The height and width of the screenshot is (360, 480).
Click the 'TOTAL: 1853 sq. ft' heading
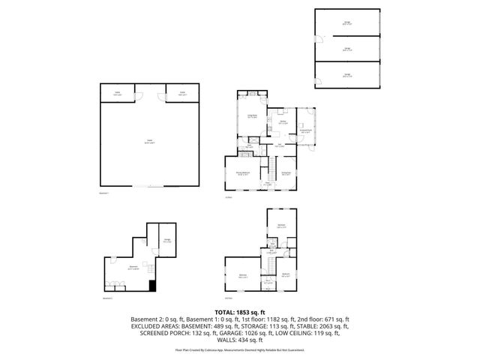(240, 311)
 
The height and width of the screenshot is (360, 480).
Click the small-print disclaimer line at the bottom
(240, 349)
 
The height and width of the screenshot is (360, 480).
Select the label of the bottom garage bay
(347, 74)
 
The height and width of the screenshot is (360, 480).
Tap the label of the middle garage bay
(347, 49)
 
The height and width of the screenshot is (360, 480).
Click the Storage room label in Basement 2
(166, 241)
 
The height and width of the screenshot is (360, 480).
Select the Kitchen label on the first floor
(283, 121)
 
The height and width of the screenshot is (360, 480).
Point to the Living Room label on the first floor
(253, 115)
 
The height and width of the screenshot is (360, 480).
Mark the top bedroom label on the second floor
(280, 225)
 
